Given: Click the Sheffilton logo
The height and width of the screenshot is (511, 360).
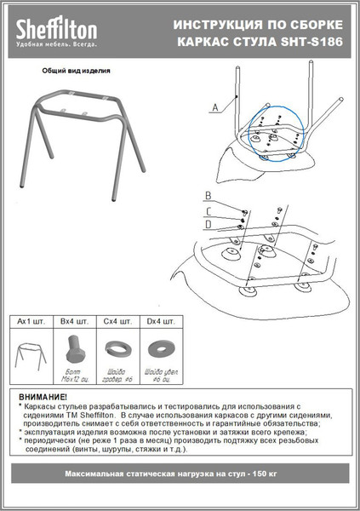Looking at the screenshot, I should [x=55, y=29].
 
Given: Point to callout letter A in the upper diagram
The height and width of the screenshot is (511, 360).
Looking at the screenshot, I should [x=214, y=106].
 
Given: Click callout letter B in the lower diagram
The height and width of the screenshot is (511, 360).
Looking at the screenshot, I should [x=209, y=197].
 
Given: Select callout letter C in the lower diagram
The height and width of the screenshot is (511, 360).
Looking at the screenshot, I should [x=209, y=210].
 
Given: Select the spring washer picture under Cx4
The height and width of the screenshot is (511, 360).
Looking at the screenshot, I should [x=114, y=348].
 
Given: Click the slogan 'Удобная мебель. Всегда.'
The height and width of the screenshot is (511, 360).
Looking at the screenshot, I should [x=56, y=42].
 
